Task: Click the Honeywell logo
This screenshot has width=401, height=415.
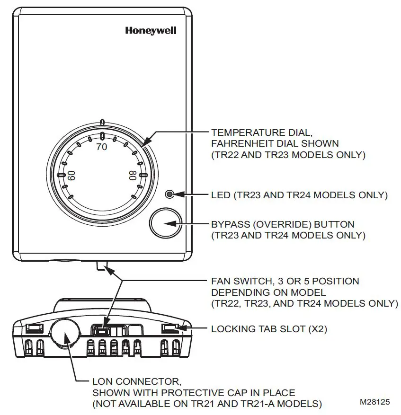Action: tap(151, 31)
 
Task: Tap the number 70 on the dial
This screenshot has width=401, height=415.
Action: tap(102, 147)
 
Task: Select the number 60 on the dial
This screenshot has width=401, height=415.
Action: tap(72, 176)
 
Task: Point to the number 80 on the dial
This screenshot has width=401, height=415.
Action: tap(133, 176)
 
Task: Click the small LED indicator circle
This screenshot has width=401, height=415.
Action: tap(169, 194)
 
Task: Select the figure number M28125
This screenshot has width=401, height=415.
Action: tap(375, 402)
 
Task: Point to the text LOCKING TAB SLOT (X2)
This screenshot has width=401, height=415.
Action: tap(269, 329)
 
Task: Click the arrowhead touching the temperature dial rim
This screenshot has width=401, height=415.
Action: tap(145, 142)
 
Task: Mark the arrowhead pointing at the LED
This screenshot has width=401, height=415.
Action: tap(178, 194)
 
